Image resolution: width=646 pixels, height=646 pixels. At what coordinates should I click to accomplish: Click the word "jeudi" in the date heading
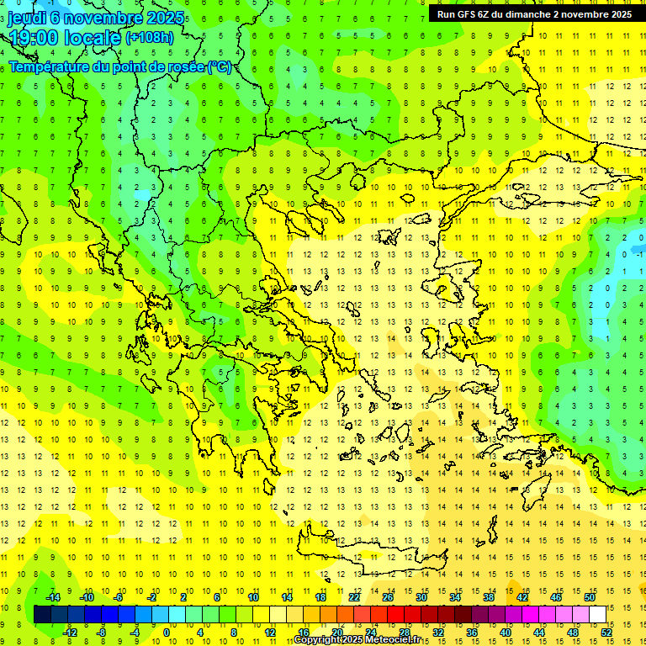(28, 18)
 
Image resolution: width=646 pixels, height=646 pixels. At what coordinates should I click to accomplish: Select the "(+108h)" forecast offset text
(150, 38)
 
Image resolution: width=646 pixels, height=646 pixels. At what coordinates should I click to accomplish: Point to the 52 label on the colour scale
(607, 632)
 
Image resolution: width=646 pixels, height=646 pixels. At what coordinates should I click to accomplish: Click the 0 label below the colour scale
(167, 632)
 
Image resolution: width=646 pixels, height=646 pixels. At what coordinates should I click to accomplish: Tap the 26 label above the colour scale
(388, 597)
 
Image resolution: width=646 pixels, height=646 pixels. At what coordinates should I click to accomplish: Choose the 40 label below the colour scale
(506, 632)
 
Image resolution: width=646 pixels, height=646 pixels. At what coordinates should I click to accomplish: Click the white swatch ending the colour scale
(598, 615)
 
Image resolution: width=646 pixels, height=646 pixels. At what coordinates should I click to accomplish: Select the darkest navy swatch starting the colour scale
(42, 615)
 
